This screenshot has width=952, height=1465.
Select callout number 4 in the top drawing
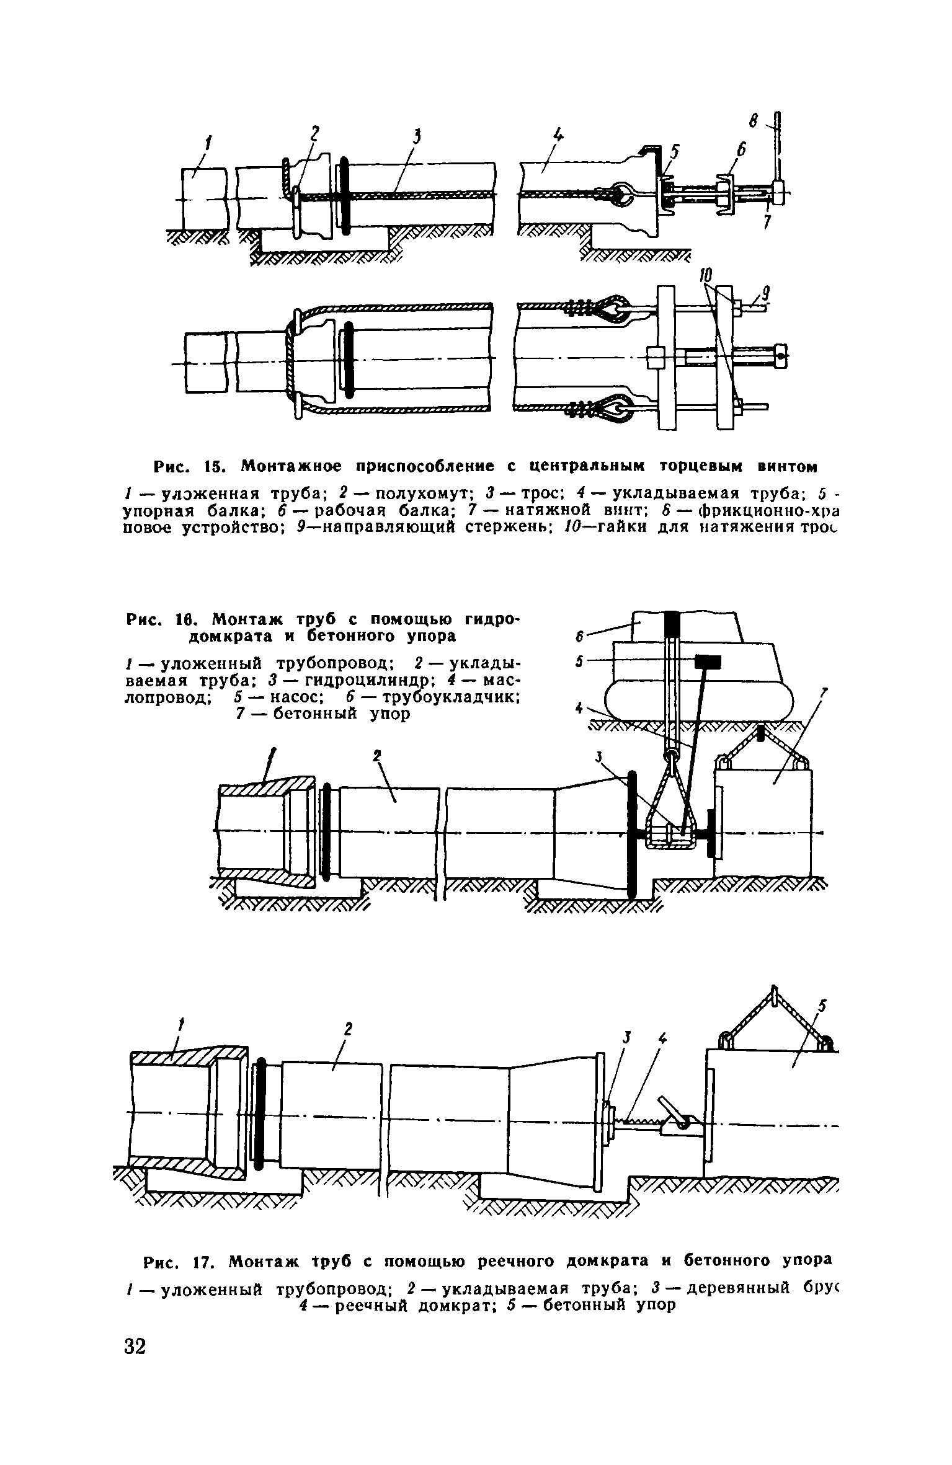559,135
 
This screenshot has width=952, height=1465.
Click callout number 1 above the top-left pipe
208,144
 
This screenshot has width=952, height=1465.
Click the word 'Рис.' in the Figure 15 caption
169,465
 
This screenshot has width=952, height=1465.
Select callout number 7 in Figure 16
825,695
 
